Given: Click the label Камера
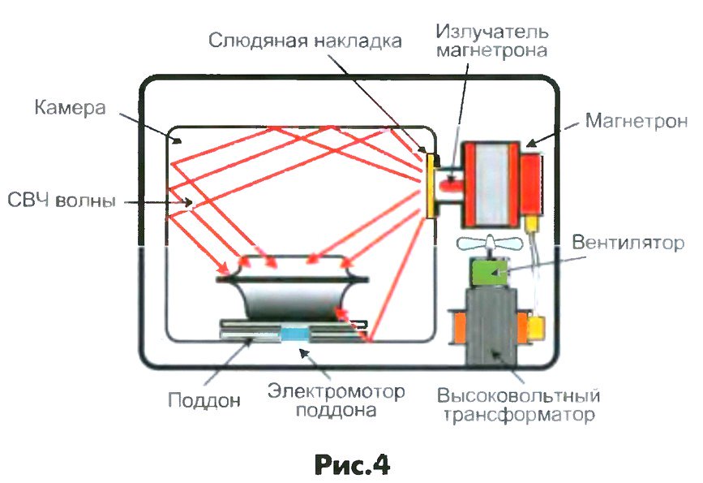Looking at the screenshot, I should tap(71, 107).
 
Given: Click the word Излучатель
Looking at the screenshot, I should tap(492, 32).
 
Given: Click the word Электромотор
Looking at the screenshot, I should tap(336, 392).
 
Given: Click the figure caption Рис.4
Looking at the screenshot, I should tap(350, 463).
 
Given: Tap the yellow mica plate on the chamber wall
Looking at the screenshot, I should tap(426, 183).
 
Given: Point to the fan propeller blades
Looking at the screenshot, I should tap(488, 243).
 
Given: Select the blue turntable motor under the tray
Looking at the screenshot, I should tap(294, 333).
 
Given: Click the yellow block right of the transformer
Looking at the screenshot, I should tap(537, 330).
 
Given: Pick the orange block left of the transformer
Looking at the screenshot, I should tap(459, 329).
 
